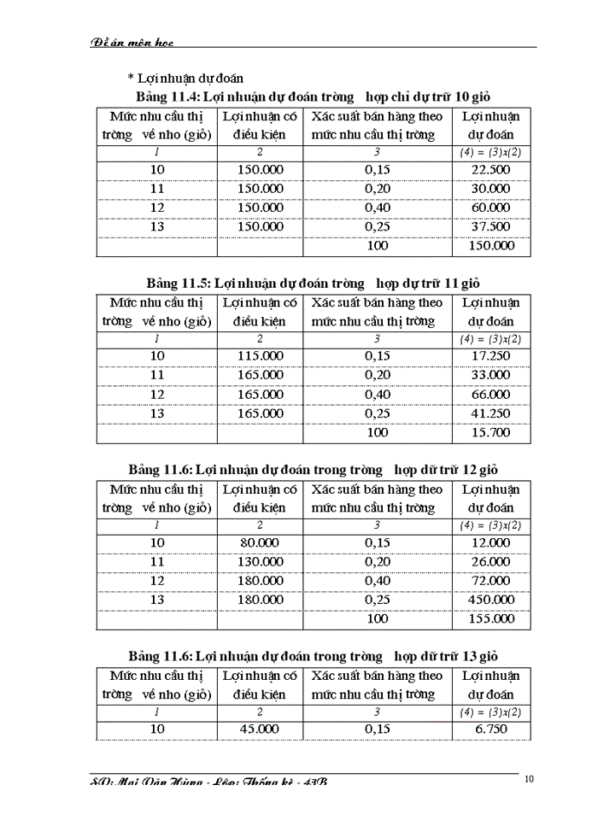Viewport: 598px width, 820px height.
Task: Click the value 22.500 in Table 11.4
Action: coord(490,169)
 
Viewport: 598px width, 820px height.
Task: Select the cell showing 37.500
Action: coord(490,226)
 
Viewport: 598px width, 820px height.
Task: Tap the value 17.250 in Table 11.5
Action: coord(490,356)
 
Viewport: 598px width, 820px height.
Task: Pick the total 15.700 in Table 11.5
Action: coord(490,432)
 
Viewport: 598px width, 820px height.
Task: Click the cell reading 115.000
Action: coord(260,356)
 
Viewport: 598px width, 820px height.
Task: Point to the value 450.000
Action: coord(490,600)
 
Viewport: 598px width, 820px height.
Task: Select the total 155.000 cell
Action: coord(490,619)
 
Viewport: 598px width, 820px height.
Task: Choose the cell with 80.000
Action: coord(260,543)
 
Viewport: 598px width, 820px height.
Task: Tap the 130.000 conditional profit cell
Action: coord(260,562)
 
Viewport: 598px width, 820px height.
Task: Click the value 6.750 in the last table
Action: coord(490,729)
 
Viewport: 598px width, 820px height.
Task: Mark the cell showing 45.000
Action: coord(260,729)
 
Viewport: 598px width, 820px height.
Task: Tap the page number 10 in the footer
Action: coord(530,779)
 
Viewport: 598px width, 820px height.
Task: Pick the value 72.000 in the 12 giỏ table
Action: coord(490,582)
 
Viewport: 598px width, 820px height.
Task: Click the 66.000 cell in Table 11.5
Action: coord(490,395)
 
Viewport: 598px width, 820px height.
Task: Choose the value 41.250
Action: coord(490,413)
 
